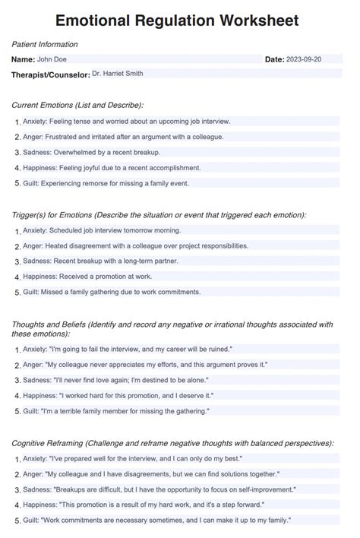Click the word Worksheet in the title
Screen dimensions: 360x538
pos(254,21)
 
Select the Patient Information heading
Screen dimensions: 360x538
pos(45,45)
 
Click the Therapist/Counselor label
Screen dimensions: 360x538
pos(49,74)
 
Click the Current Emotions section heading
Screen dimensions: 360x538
pos(77,105)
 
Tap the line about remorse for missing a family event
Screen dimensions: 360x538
pos(106,183)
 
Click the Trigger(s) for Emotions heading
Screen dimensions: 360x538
pos(159,215)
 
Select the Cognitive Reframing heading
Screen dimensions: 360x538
pos(172,442)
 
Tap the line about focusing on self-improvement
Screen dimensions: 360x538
pos(159,489)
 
